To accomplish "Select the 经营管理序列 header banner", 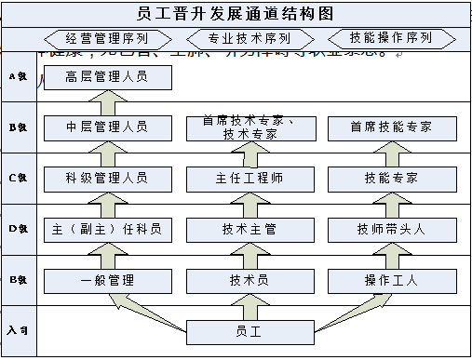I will pos(107,39).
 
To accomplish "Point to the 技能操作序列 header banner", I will pos(390,39).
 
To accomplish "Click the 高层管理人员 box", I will pos(108,77).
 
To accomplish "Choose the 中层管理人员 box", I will pos(108,127).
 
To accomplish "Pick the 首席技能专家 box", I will pos(391,127).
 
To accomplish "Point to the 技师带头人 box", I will pos(391,229).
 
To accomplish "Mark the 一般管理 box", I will pos(108,280).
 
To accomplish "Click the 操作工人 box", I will pos(391,280).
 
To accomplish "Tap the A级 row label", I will pos(16,76).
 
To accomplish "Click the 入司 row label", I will pos(16,330).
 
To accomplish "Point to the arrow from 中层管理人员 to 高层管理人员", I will pos(109,102).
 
